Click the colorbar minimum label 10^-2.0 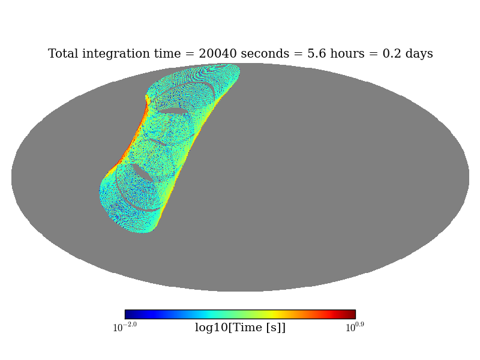point(125,328)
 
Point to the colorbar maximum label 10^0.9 point(355,328)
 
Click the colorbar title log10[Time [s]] point(240,328)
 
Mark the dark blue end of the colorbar point(128,314)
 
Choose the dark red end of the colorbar point(352,314)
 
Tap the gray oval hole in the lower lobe point(143,173)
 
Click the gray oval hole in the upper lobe point(173,111)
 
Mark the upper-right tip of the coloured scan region point(235,69)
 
